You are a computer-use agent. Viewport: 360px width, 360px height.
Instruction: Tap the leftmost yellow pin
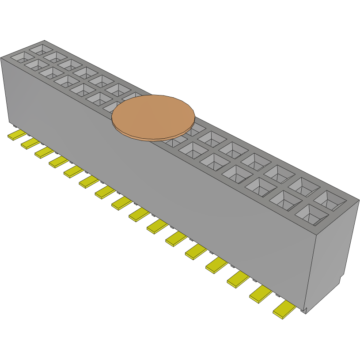(x=17, y=135)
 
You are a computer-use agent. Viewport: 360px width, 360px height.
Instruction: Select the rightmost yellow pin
(x=284, y=310)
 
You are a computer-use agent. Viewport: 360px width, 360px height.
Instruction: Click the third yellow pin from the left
(x=44, y=152)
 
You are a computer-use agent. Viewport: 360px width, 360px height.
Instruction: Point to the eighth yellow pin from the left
(x=122, y=203)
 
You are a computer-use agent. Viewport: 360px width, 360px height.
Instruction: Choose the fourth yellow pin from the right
(x=217, y=264)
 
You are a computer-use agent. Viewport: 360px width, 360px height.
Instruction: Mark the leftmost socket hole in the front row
(x=19, y=57)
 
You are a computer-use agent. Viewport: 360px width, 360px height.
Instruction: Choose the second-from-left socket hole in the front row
(x=34, y=65)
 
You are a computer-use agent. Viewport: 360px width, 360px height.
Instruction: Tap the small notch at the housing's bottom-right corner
(x=305, y=311)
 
